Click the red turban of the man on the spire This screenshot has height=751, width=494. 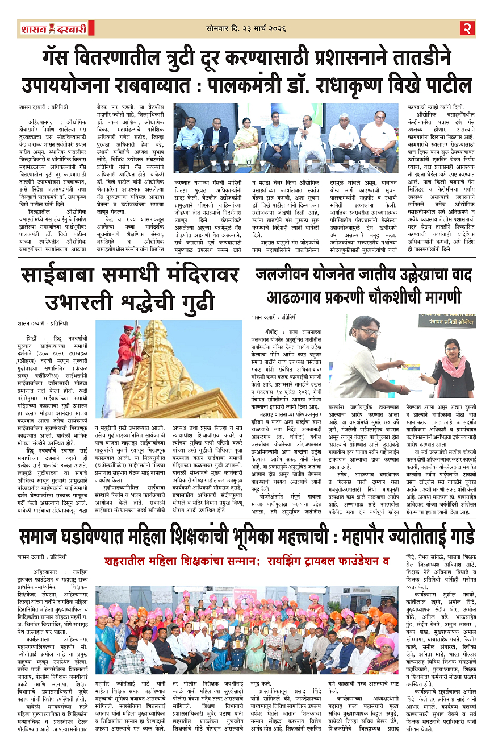coord(130,329)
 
